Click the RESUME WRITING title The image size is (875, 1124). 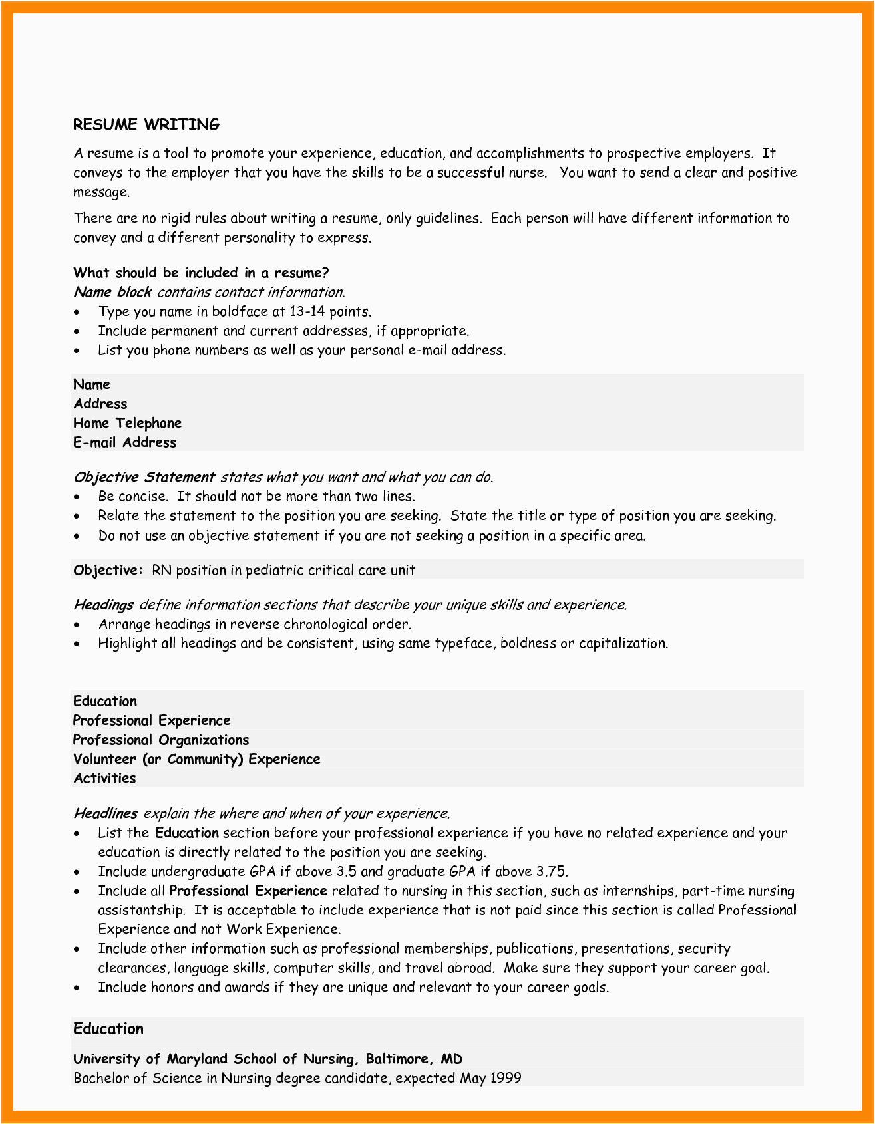click(x=146, y=124)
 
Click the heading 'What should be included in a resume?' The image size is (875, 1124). click(x=201, y=273)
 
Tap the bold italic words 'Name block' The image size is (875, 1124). click(x=112, y=292)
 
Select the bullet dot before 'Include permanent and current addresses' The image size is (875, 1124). click(x=79, y=332)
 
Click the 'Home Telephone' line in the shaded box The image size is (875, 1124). click(x=127, y=423)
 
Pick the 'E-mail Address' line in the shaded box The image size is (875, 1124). click(x=125, y=442)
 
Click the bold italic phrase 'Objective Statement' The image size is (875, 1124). click(x=144, y=477)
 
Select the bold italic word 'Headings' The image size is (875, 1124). click(x=103, y=605)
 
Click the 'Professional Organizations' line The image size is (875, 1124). click(x=160, y=740)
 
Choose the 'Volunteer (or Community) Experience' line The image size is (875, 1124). click(x=196, y=759)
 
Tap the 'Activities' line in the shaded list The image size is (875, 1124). click(x=104, y=778)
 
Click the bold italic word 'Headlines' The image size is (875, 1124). click(x=105, y=813)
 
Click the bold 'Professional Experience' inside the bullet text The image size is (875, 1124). click(x=248, y=891)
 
